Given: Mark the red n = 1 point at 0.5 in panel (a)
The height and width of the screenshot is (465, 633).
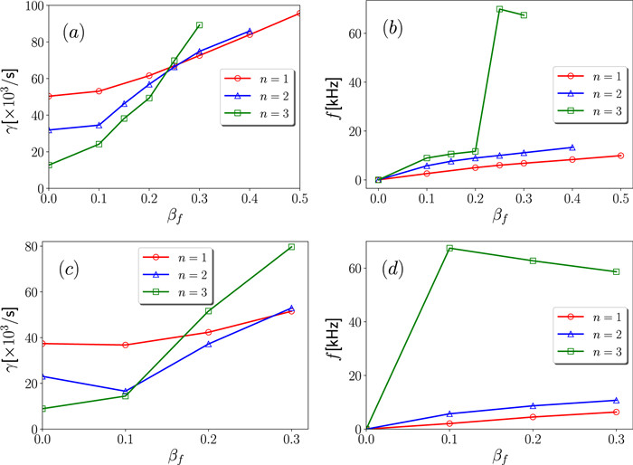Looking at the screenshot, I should [298, 14].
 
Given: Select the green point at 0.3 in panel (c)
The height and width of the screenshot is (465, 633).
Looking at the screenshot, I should [291, 222].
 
